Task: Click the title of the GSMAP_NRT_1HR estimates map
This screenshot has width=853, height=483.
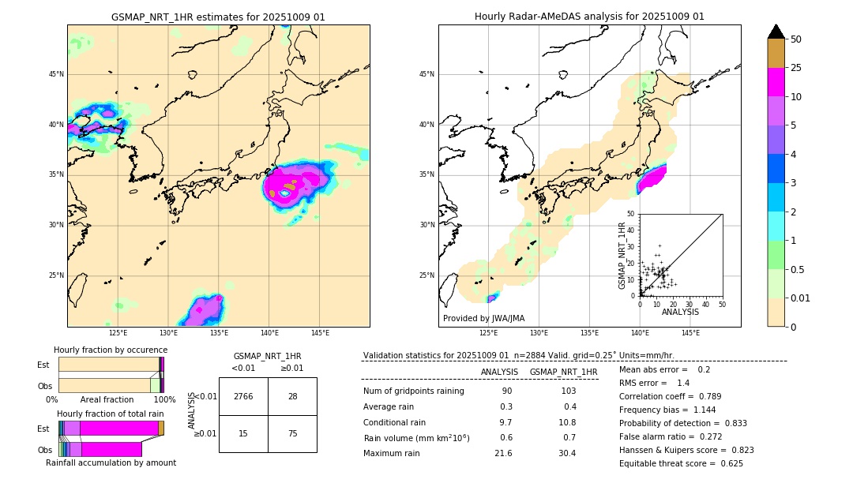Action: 218,17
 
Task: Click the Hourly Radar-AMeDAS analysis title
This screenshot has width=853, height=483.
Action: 589,17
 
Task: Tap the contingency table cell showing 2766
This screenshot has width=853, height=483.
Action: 243,396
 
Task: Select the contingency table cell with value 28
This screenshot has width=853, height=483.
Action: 292,396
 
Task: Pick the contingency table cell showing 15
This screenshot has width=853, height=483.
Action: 243,433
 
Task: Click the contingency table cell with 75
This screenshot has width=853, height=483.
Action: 292,433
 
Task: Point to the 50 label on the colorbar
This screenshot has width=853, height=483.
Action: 796,39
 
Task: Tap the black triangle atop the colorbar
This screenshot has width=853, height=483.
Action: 776,32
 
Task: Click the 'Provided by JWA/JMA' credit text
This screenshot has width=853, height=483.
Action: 483,318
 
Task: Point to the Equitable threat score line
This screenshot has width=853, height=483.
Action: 681,463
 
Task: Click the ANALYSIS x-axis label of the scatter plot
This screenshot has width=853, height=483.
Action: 680,312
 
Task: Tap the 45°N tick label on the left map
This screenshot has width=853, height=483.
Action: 55,74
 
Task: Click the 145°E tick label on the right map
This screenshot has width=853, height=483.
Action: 690,333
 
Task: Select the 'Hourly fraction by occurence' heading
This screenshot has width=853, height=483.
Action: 111,350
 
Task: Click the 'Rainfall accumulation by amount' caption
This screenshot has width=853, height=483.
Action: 111,462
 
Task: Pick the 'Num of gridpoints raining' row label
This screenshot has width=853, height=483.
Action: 414,391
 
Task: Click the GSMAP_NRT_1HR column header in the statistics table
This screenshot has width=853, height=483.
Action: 563,372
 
